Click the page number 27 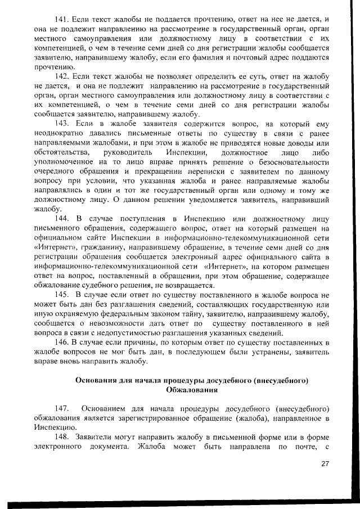325,463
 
